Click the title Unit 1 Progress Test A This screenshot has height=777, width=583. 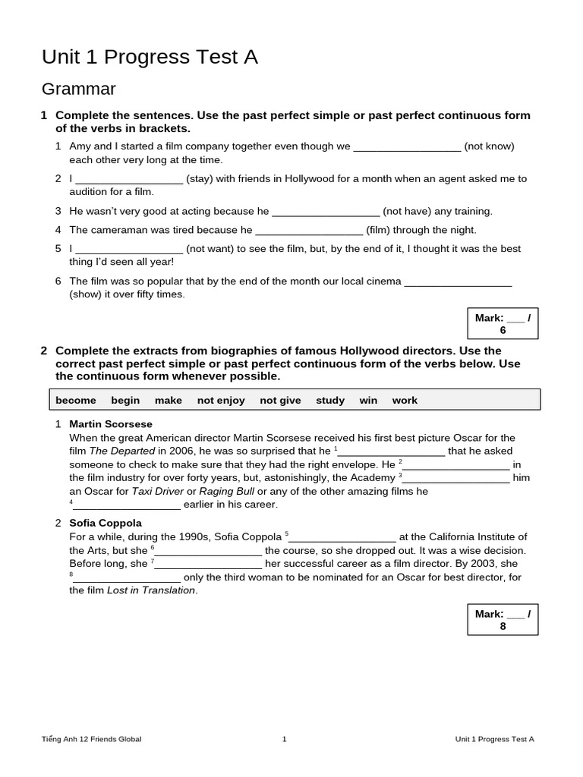150,58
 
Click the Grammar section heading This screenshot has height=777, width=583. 78,90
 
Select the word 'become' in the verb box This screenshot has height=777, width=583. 76,400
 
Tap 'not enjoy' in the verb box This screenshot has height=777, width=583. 221,400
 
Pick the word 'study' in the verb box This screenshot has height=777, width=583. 330,400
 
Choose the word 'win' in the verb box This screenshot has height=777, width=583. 368,400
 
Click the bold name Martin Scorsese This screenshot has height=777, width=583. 111,424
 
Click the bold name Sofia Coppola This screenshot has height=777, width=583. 106,523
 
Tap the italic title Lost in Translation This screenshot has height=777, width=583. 151,590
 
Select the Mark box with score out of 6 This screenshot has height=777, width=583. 503,324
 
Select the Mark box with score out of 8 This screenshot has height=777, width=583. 503,620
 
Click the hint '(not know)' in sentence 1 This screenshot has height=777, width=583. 489,146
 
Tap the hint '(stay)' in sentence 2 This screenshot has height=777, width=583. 204,179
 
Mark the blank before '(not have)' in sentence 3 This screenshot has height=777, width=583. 325,212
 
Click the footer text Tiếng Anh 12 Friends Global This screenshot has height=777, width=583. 91,739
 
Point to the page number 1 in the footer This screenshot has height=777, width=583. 284,739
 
